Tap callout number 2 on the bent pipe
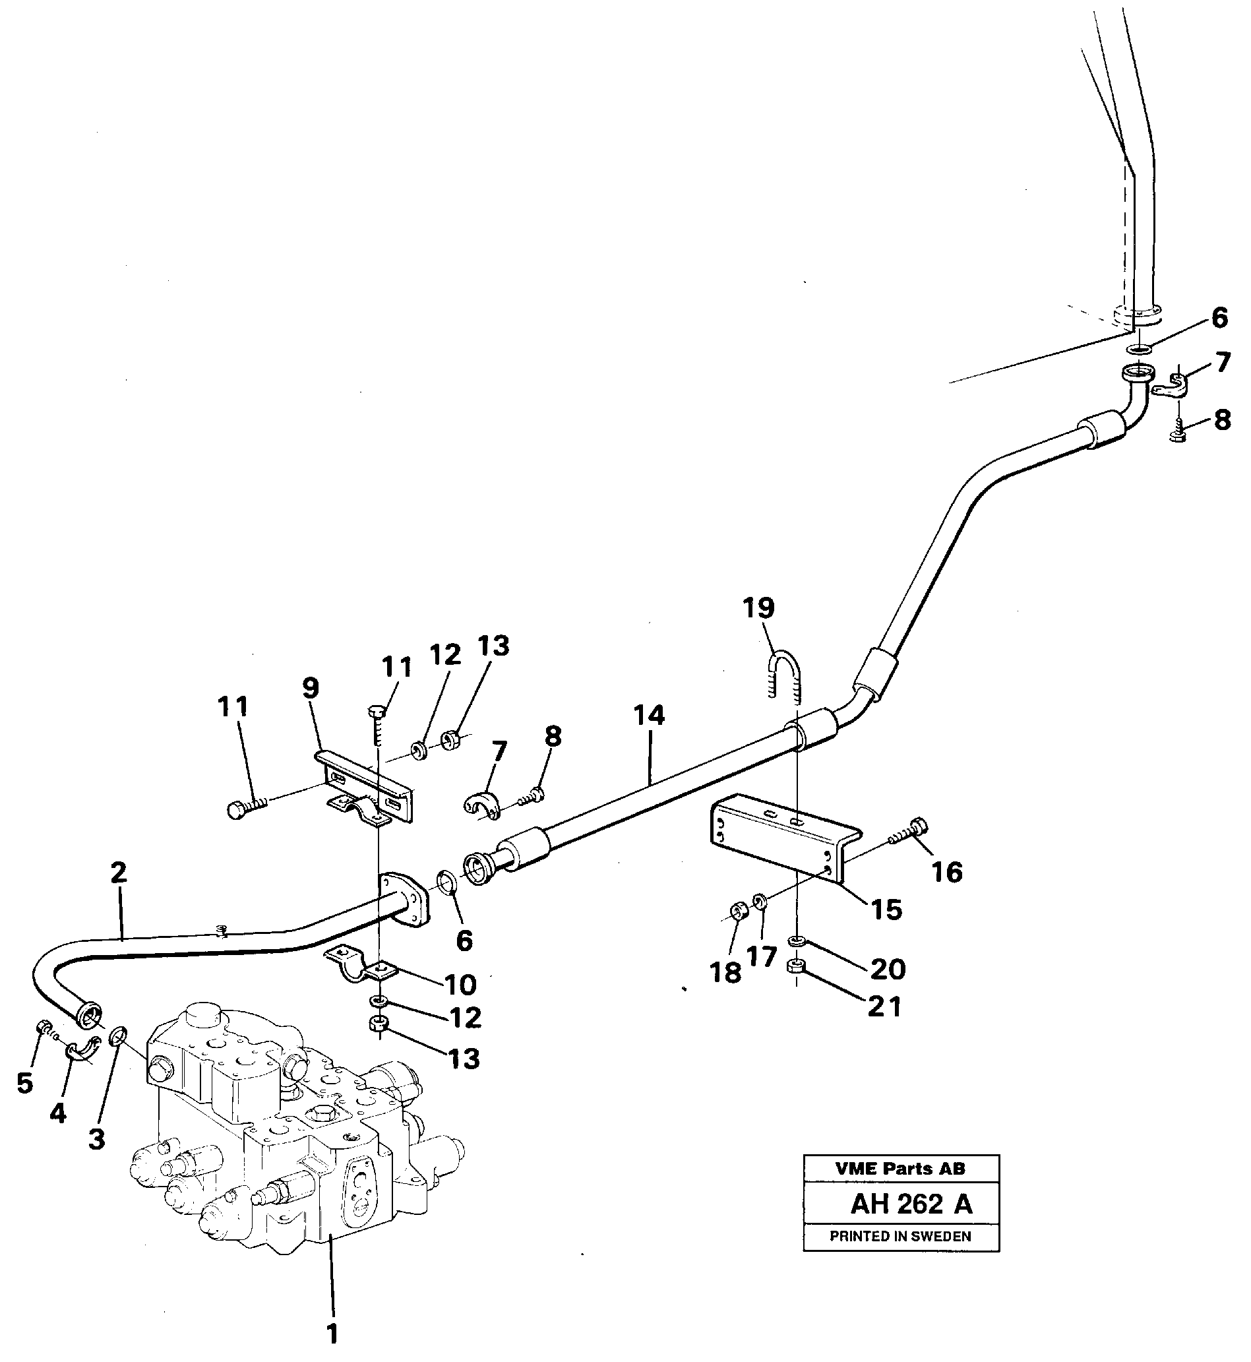pyautogui.click(x=119, y=873)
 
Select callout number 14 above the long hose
pyautogui.click(x=649, y=716)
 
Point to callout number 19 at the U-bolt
pyautogui.click(x=758, y=608)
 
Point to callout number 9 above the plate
pyautogui.click(x=310, y=689)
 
